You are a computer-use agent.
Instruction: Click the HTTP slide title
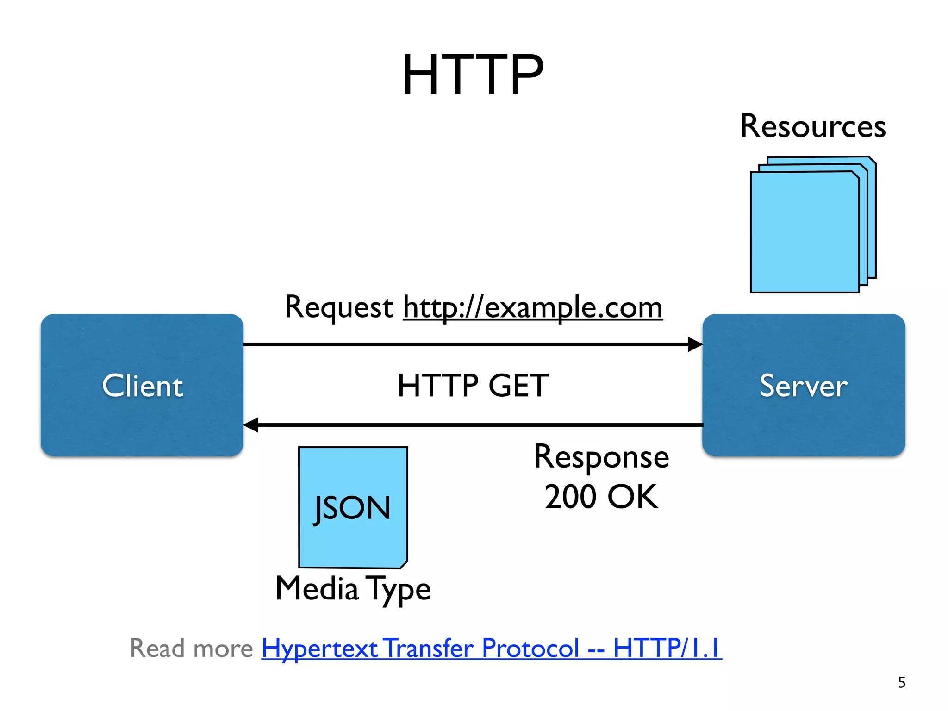473,75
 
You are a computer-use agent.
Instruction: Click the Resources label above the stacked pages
813,126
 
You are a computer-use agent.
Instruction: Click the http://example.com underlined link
532,307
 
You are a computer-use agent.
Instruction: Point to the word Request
338,307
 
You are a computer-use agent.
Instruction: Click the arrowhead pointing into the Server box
695,344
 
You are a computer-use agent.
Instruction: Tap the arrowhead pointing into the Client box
251,424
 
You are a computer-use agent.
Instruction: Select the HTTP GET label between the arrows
473,386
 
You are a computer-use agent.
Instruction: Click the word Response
601,457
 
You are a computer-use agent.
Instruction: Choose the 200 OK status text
601,497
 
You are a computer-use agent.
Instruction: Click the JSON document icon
353,507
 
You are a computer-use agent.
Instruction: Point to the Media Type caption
353,589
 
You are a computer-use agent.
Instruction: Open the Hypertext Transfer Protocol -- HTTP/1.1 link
491,648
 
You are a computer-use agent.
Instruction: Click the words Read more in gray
191,648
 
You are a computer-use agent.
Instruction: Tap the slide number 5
902,682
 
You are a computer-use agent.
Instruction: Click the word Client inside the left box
143,386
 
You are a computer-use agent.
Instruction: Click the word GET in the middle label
518,386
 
